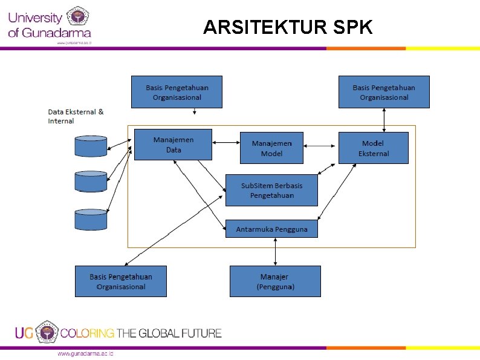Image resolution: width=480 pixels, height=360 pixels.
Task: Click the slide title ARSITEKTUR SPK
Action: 288,27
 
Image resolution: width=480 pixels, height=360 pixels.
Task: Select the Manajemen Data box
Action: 173,145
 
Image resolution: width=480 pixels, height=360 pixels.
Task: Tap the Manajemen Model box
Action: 271,148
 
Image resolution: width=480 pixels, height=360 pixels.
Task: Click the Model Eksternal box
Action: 373,148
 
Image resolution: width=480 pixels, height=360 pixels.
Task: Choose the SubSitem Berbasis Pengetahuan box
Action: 271,190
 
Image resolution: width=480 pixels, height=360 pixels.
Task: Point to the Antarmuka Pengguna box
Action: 271,229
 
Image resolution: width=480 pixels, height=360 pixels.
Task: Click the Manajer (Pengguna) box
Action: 275,281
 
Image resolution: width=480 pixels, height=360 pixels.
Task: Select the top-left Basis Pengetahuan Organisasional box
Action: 177,92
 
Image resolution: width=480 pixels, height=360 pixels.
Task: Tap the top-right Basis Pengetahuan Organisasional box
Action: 384,92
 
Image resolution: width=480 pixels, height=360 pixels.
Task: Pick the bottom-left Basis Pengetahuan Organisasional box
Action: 120,281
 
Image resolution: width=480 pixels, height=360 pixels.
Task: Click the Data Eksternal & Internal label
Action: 76,116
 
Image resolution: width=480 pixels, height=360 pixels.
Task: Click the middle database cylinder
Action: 91,181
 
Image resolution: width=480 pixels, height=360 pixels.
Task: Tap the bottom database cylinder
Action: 91,220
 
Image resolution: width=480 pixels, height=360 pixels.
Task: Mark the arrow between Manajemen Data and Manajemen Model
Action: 226,143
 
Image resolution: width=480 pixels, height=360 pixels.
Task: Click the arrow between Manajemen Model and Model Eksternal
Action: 320,146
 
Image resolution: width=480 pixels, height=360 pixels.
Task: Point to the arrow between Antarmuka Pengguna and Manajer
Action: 276,251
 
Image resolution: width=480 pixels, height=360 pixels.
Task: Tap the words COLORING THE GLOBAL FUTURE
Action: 141,333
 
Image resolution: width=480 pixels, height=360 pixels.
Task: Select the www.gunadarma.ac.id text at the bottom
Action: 85,353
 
